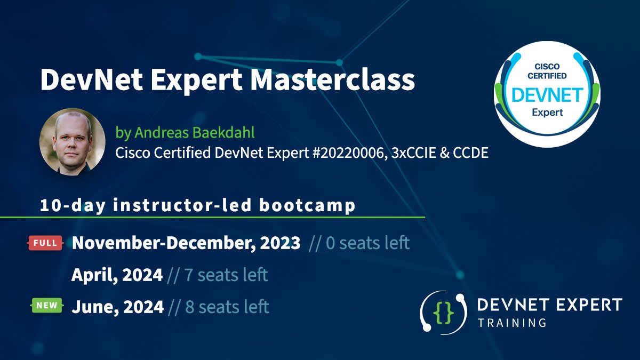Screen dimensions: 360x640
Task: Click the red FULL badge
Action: tap(45, 243)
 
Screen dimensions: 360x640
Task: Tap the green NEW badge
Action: tap(45, 306)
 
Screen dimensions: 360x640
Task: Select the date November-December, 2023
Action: tap(186, 243)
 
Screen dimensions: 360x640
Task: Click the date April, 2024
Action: tap(117, 275)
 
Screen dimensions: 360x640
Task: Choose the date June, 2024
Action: tap(117, 307)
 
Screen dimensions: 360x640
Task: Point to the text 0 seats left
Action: tap(366, 243)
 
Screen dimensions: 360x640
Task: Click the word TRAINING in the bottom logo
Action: tap(512, 323)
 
